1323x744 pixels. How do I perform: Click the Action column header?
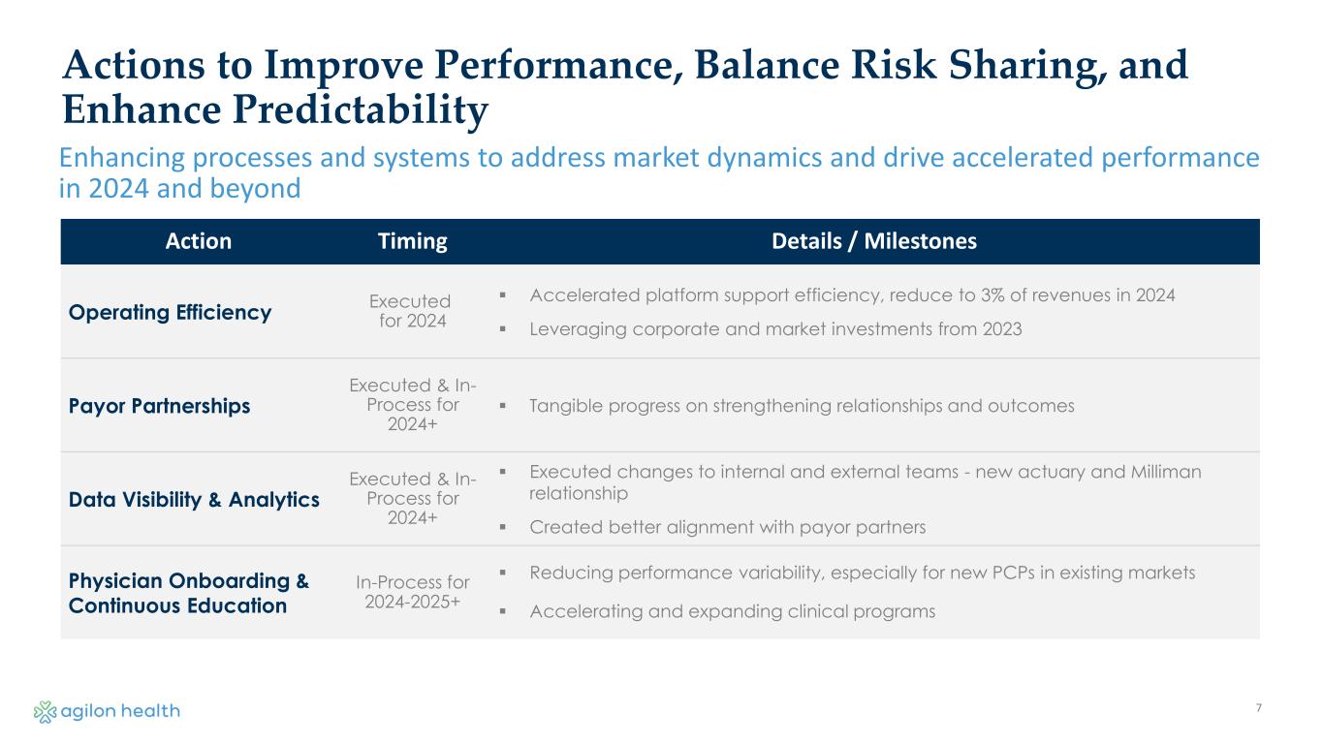pyautogui.click(x=199, y=241)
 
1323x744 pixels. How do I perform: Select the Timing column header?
pyautogui.click(x=412, y=241)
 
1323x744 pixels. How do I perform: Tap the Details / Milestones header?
pyautogui.click(x=874, y=241)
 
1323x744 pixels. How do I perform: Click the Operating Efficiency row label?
pyautogui.click(x=171, y=312)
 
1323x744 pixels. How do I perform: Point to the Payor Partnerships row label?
pyautogui.click(x=160, y=406)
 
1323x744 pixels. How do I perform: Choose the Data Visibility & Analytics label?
pyautogui.click(x=194, y=500)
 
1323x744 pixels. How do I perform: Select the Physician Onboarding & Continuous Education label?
pyautogui.click(x=188, y=593)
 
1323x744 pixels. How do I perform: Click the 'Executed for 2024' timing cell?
pyautogui.click(x=411, y=311)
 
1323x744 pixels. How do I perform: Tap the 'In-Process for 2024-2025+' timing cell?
pyautogui.click(x=412, y=592)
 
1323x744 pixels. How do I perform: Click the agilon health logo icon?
pyautogui.click(x=45, y=711)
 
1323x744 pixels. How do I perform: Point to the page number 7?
pyautogui.click(x=1259, y=707)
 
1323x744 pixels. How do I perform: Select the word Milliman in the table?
pyautogui.click(x=1166, y=471)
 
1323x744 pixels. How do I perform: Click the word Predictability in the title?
pyautogui.click(x=361, y=110)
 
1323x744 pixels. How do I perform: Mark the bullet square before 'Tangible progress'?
pyautogui.click(x=503, y=406)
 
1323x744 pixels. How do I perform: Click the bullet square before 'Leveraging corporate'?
pyautogui.click(x=503, y=329)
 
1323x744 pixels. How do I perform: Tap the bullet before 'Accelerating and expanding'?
pyautogui.click(x=503, y=611)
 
